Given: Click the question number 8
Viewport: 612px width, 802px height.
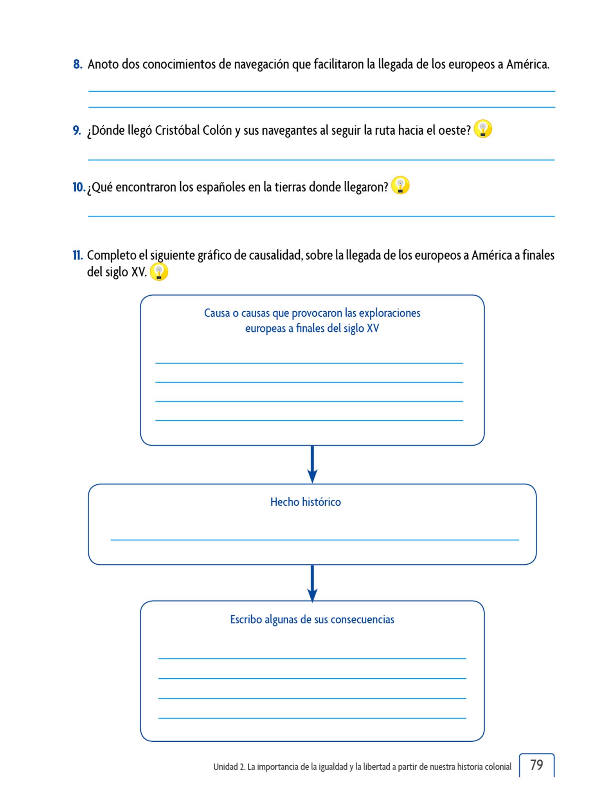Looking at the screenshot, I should click(77, 64).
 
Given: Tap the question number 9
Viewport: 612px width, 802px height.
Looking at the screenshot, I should click(77, 130).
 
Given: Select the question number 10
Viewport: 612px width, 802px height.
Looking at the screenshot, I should click(78, 187).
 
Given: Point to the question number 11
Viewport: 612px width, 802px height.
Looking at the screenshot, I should click(77, 255).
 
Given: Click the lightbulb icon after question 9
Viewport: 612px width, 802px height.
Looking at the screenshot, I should click(482, 129).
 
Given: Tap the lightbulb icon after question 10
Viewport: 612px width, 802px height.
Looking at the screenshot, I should click(400, 185).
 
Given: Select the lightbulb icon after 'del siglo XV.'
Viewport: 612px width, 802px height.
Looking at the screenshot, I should click(159, 272).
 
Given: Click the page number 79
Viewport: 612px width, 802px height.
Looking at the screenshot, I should click(536, 765).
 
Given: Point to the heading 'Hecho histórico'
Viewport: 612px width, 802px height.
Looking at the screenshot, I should click(305, 502).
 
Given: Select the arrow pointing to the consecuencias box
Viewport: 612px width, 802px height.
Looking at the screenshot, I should click(312, 583).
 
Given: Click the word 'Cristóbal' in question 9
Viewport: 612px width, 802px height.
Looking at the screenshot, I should click(177, 130).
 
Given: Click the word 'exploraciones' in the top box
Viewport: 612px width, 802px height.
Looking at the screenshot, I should click(389, 313).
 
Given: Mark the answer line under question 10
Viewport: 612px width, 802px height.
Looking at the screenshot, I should click(321, 216).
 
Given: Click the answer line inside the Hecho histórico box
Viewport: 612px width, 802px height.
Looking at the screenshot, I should click(314, 540).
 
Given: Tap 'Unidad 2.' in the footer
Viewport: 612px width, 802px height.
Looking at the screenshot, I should click(229, 767).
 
